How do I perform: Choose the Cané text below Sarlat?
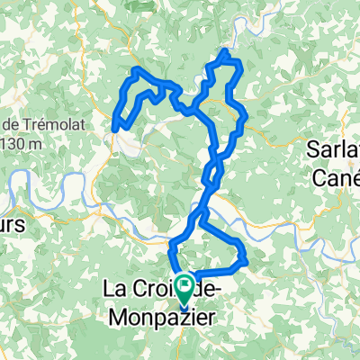[x=335, y=177]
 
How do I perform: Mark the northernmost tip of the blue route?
[x=224, y=53]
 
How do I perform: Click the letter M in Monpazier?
[x=120, y=317]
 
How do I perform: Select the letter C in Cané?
[x=318, y=177]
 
